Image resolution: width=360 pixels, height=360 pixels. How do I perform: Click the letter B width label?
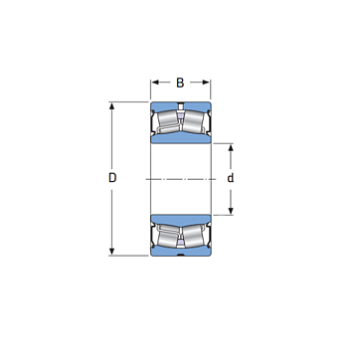click(x=180, y=83)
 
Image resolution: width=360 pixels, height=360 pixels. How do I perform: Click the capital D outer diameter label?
click(x=112, y=178)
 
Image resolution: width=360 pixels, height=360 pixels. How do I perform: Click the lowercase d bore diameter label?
click(x=231, y=178)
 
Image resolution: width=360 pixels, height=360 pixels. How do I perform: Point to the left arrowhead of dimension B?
click(x=155, y=83)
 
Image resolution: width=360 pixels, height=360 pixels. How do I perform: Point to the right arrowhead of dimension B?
click(x=206, y=83)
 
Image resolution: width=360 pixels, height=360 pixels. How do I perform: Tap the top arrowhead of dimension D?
click(x=112, y=106)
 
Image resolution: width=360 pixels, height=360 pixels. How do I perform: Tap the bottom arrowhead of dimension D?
click(x=112, y=251)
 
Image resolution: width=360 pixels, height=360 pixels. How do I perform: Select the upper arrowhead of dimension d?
click(x=231, y=148)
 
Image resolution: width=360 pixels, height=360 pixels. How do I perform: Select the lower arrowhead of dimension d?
click(x=231, y=210)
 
